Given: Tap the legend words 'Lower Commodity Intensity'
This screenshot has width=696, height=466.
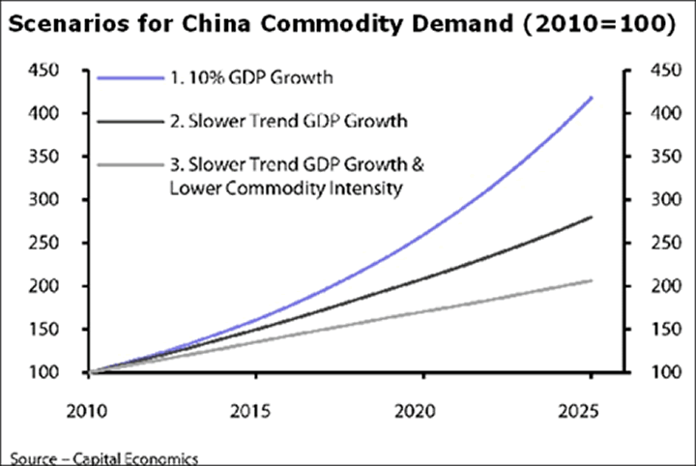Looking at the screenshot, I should point(284,189).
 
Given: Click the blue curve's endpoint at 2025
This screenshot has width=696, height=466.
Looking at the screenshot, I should point(592,98).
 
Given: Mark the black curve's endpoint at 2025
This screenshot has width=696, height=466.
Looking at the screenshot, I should point(592,218).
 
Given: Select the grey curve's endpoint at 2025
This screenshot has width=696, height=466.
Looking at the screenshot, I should point(592,280).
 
